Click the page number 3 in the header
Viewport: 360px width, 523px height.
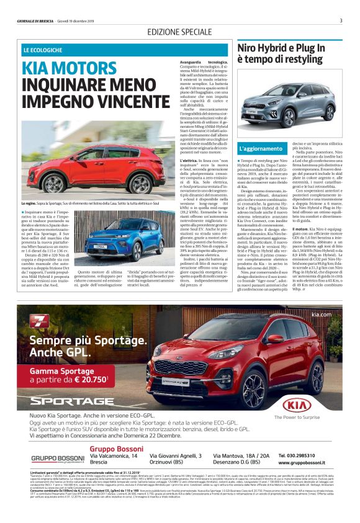341,20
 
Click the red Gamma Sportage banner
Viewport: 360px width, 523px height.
71,373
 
